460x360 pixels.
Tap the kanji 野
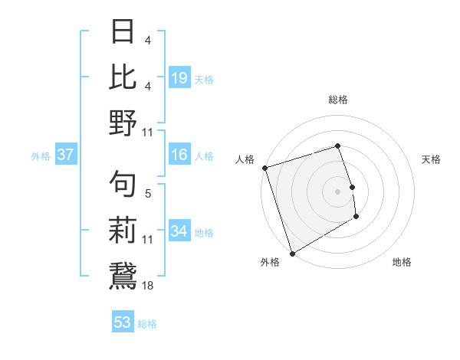pyautogui.click(x=123, y=122)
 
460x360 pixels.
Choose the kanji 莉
pyautogui.click(x=123, y=229)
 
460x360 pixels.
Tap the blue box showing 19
pyautogui.click(x=179, y=77)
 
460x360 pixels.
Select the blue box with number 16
pyautogui.click(x=179, y=155)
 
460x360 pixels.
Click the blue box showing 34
pyautogui.click(x=179, y=232)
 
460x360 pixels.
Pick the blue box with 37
pyautogui.click(x=66, y=155)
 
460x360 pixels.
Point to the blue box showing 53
pyautogui.click(x=123, y=322)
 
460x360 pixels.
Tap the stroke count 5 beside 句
pyautogui.click(x=148, y=195)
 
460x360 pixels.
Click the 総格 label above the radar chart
pyautogui.click(x=338, y=100)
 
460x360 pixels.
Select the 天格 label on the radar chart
pyautogui.click(x=432, y=159)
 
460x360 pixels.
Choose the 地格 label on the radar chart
pyautogui.click(x=402, y=262)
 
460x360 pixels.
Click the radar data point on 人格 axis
pyautogui.click(x=264, y=168)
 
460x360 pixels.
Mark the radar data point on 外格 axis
pyautogui.click(x=292, y=254)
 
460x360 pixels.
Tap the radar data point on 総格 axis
pyautogui.click(x=338, y=146)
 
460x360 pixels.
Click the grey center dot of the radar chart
pyautogui.click(x=338, y=191)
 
